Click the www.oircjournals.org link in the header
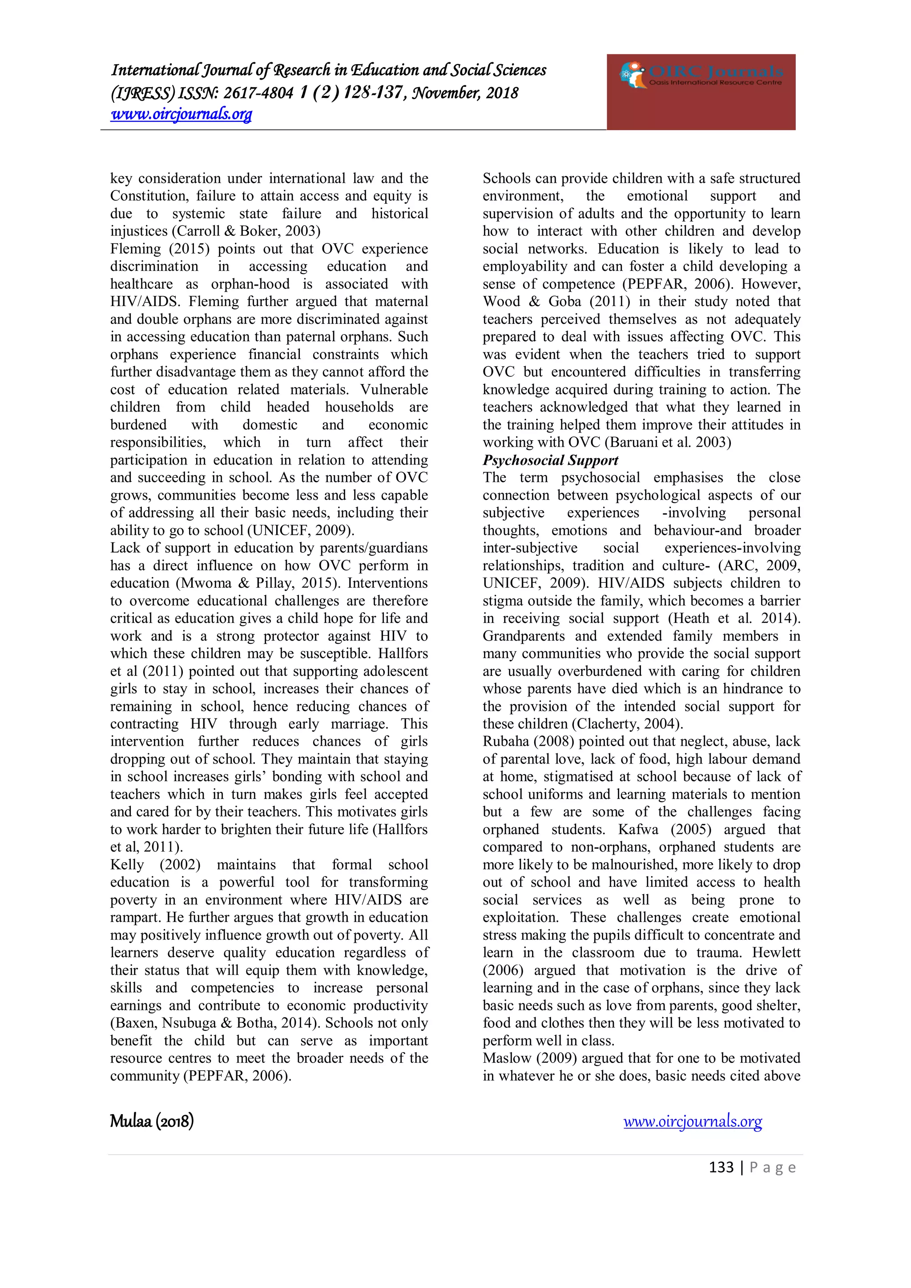point(181,114)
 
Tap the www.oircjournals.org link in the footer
point(692,1122)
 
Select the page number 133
point(721,1167)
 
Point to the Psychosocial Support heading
point(550,460)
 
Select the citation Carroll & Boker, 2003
point(247,231)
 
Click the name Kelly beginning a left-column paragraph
point(127,865)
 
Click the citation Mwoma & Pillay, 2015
point(258,583)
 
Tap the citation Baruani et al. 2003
point(668,443)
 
